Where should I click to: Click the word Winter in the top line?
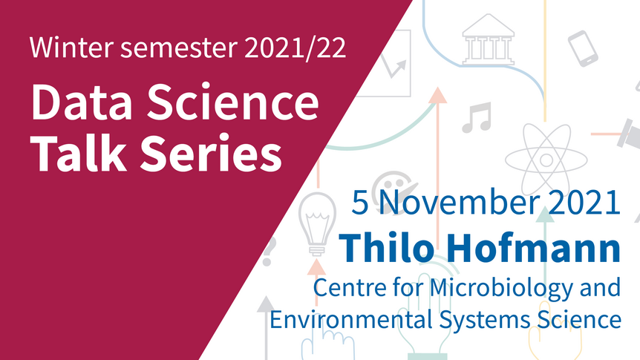click(71, 48)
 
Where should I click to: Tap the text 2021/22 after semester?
click(295, 48)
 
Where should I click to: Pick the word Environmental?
click(350, 319)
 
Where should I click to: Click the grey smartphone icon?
click(583, 48)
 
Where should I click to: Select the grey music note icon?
click(477, 117)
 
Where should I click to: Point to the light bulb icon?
click(317, 223)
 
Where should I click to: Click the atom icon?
click(546, 160)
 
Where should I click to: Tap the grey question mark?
click(269, 252)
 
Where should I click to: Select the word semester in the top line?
click(179, 48)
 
